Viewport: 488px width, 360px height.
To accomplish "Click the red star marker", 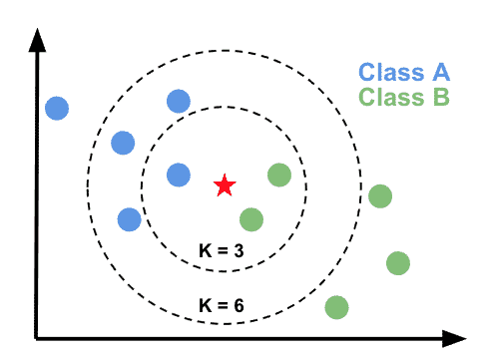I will click(225, 184).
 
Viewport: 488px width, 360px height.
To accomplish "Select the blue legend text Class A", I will click(404, 72).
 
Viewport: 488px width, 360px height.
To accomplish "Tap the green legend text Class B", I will click(404, 98).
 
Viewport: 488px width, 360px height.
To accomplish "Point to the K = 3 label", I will click(224, 250).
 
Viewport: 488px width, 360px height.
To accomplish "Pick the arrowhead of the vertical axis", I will click(38, 40).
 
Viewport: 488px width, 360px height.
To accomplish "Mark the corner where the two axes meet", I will click(38, 335).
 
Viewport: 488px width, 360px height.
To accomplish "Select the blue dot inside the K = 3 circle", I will click(178, 176).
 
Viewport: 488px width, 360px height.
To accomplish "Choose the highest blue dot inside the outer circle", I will click(178, 100).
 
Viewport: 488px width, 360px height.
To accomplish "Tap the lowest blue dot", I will click(129, 218).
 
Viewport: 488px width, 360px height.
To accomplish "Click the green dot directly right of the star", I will click(279, 176).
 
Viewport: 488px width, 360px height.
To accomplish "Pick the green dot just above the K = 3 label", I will click(251, 218).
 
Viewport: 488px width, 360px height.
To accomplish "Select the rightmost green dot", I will click(398, 262).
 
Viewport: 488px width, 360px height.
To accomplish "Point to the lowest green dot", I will click(337, 307).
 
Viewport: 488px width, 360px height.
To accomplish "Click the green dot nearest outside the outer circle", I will click(379, 195).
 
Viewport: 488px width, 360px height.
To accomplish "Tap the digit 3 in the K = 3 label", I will click(240, 250).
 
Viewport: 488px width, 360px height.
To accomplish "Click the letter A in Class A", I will click(440, 72).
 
